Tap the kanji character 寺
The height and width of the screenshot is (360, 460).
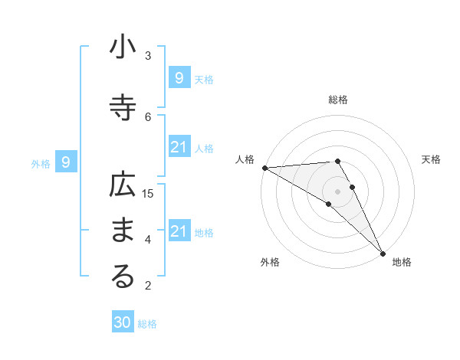pos(123,108)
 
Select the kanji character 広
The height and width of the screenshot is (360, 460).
pos(123,185)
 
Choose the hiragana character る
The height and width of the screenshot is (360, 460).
pos(123,277)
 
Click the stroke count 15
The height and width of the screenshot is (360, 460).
pos(148,193)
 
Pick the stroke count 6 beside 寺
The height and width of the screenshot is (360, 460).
pos(148,116)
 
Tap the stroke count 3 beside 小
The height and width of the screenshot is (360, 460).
pos(148,55)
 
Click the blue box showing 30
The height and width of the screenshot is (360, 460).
pos(123,322)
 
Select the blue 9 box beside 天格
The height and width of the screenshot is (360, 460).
pos(179,77)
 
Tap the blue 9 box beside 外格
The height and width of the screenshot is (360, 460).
pos(66,162)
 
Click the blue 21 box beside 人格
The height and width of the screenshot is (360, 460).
pos(179,146)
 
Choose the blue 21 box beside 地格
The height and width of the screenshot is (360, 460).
pos(179,231)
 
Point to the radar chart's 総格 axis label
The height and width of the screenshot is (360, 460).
pos(338,100)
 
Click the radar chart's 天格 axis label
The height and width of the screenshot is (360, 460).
pos(432,159)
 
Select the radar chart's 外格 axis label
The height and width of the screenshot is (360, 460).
pos(270,262)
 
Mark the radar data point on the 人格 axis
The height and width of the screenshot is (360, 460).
pos(264,168)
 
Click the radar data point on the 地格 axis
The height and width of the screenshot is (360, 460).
pos(382,253)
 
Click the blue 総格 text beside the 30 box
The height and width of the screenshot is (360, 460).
pos(147,324)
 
